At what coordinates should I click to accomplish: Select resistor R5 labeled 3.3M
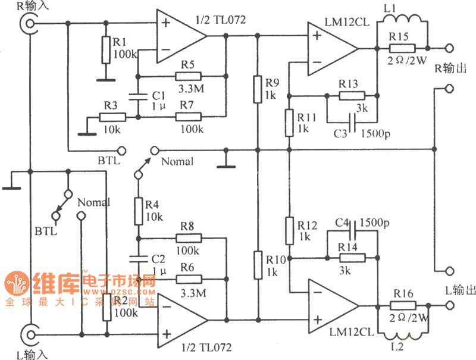(x=189, y=76)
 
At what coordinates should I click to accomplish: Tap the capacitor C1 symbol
(x=138, y=96)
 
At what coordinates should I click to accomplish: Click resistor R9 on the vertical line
(x=257, y=87)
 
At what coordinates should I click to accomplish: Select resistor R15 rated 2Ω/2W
(x=399, y=48)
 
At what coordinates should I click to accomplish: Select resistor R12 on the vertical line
(x=289, y=231)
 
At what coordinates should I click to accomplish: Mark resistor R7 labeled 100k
(x=189, y=117)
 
